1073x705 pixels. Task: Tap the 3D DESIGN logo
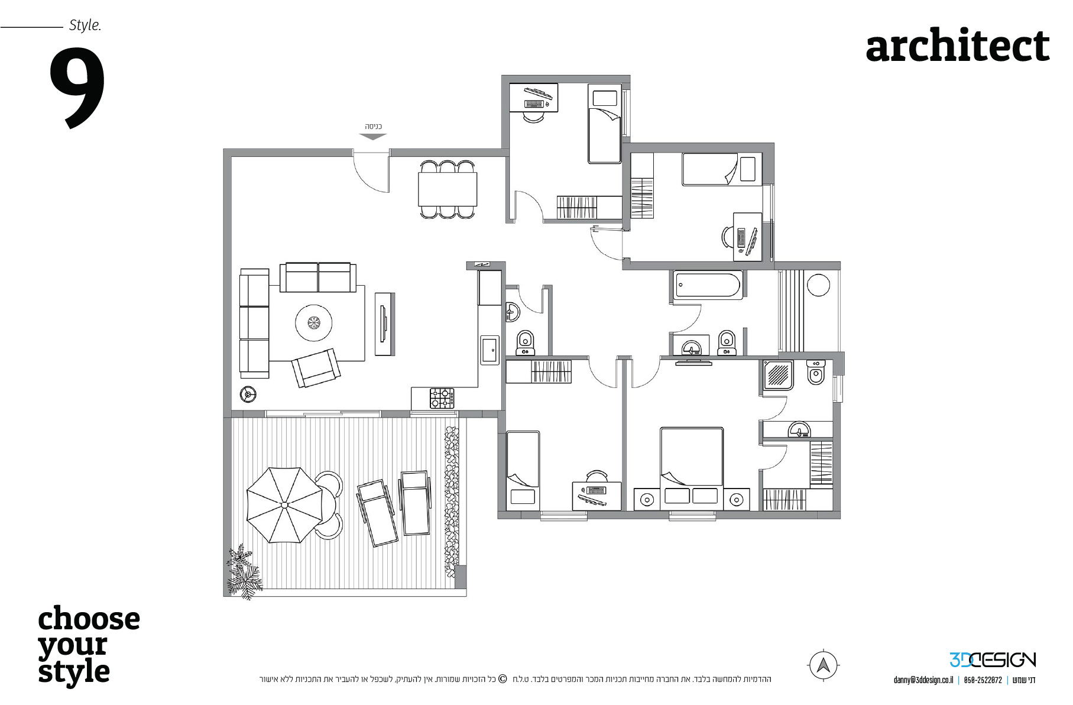(x=993, y=659)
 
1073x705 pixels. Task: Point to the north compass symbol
(x=823, y=665)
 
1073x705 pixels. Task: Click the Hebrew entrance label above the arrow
(x=373, y=127)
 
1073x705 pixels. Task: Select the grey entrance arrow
(x=373, y=137)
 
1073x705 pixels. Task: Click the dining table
(x=448, y=189)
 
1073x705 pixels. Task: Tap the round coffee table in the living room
(x=313, y=323)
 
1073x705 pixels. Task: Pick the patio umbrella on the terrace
(x=284, y=505)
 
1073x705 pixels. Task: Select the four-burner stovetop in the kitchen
(x=442, y=398)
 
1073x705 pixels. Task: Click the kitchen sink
(x=489, y=350)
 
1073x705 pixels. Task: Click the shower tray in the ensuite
(x=777, y=375)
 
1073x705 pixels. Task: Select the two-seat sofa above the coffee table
(x=318, y=277)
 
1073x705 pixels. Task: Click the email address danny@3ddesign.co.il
(x=923, y=680)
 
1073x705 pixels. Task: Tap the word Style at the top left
(x=85, y=25)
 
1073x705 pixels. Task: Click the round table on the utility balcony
(x=818, y=285)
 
